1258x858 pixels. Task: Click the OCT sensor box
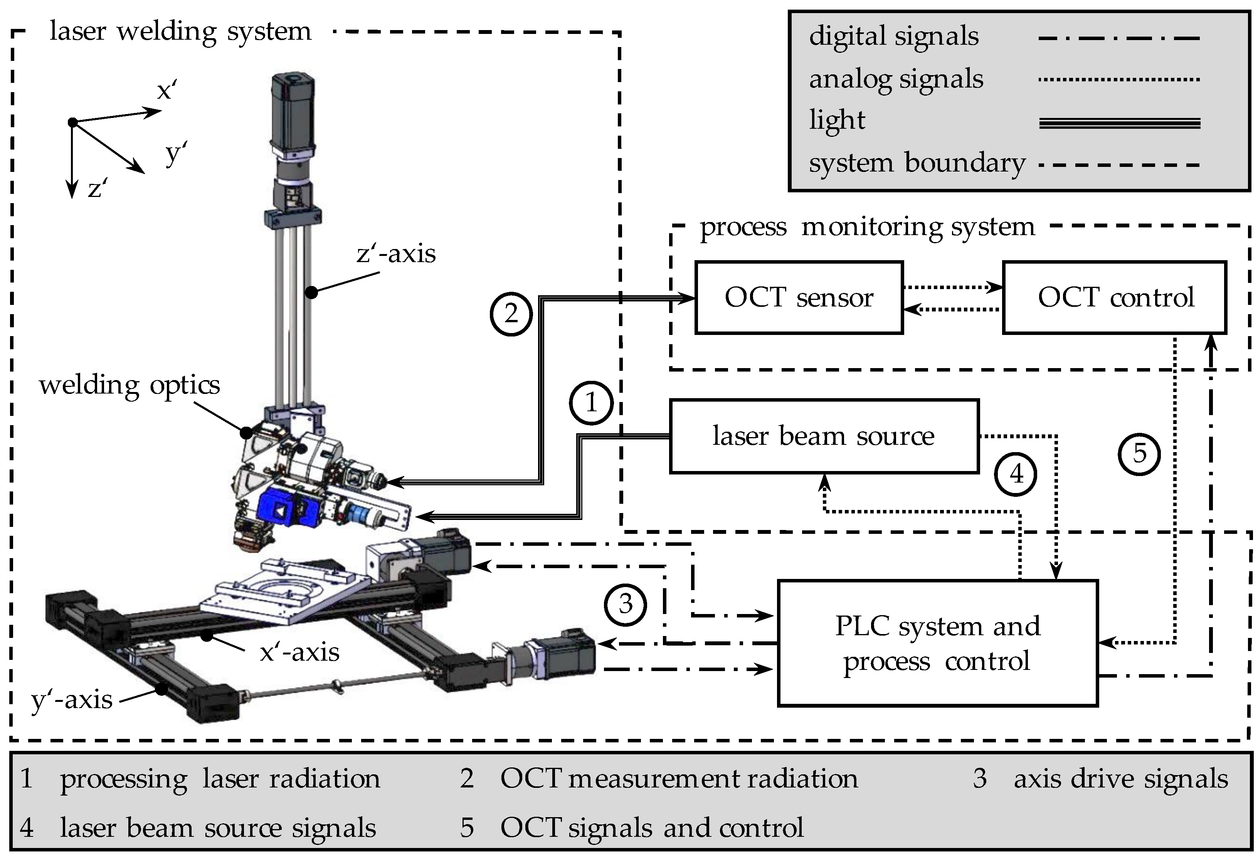coord(799,298)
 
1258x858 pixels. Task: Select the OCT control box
coord(1115,298)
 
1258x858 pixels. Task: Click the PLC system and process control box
coord(937,643)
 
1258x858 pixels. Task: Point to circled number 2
coord(511,314)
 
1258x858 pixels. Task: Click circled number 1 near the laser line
coord(590,403)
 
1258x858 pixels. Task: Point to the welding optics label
coord(129,385)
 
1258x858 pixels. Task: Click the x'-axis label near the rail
coord(299,652)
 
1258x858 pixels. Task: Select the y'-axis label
coord(72,700)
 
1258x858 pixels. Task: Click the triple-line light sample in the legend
coord(1119,123)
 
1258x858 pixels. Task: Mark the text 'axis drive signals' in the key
coord(1120,779)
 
